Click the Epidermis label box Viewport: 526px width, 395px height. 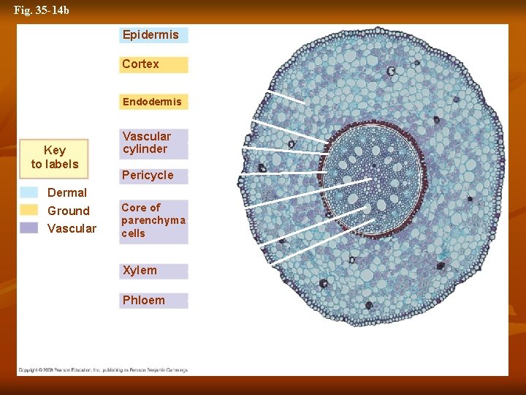point(153,35)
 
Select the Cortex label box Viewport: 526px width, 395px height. point(153,64)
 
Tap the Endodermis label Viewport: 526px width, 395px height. point(153,102)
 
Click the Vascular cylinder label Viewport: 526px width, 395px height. point(153,143)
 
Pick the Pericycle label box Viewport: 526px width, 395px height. point(153,176)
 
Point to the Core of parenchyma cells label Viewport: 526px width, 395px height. point(153,221)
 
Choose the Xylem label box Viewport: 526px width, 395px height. point(153,271)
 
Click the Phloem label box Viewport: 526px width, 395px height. point(153,301)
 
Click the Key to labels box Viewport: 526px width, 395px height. point(55,158)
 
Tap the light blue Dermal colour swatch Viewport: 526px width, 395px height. point(29,192)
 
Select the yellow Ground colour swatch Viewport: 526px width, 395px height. point(29,210)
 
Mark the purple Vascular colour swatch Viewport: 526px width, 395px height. point(29,227)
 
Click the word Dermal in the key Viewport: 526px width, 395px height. point(67,193)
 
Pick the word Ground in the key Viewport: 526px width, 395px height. point(69,211)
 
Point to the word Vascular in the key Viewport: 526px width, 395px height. point(72,229)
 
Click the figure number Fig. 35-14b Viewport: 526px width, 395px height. point(42,10)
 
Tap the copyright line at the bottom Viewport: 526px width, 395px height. point(103,370)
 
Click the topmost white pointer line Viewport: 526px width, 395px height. point(286,97)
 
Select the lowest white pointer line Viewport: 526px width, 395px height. point(322,241)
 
